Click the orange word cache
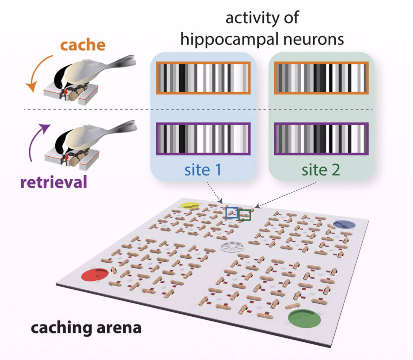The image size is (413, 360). click(x=83, y=45)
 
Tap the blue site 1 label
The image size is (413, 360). click(x=203, y=170)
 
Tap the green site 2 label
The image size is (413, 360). click(x=321, y=170)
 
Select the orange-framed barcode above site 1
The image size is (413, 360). click(x=203, y=78)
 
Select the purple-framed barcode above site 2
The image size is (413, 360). click(x=321, y=139)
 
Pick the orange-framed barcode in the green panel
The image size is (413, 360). click(x=321, y=78)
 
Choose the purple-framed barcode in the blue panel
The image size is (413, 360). click(x=203, y=139)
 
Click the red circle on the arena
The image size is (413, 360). click(x=95, y=274)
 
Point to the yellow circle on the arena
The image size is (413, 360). click(x=190, y=205)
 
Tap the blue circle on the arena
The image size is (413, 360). click(x=344, y=225)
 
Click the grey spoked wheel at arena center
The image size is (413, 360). click(x=232, y=247)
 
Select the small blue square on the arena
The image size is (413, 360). click(x=232, y=213)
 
